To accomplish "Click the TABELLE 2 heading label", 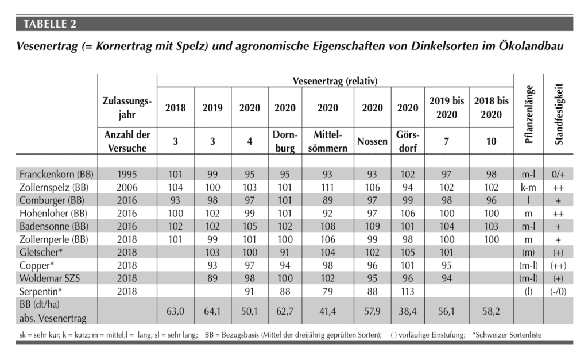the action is [49, 24].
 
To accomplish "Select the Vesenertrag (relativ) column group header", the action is [335, 80].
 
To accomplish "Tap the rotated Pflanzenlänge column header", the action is [528, 114].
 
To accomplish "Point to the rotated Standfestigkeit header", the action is [558, 114].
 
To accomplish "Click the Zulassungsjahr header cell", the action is [127, 107].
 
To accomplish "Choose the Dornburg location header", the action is [285, 141].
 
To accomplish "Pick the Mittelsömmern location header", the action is [328, 141].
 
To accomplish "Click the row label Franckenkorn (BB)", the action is [56, 175].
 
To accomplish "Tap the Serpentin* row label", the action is [41, 291].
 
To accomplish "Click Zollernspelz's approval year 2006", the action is [127, 187].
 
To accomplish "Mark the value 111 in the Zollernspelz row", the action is [327, 187].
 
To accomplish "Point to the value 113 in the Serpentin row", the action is [408, 291].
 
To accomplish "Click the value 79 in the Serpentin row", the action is [328, 291].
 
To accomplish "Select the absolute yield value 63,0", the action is [175, 311].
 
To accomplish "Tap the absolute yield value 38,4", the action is [408, 311].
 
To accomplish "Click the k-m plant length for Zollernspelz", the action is [528, 187].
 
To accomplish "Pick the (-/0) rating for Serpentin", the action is [558, 291].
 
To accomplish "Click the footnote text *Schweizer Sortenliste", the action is [507, 335].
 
